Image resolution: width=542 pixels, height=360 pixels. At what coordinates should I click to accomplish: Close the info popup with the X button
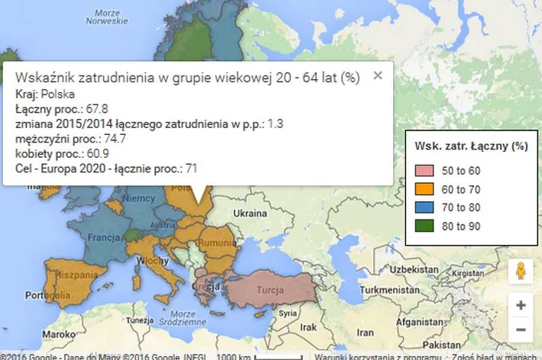[x=377, y=75]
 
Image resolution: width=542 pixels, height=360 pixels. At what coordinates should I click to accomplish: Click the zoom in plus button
[x=521, y=305]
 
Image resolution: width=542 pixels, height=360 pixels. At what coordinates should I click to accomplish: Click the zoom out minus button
[x=521, y=330]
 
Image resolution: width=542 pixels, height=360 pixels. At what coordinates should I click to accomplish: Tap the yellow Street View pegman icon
[x=521, y=272]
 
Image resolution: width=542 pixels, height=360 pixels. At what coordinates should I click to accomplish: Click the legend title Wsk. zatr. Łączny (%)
[x=471, y=145]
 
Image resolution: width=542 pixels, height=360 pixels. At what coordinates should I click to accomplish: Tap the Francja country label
[x=102, y=237]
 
